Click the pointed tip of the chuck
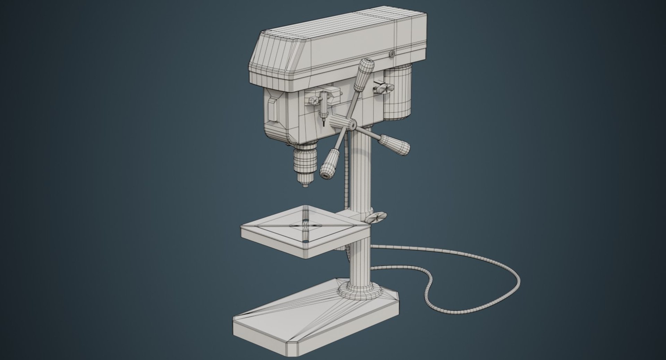[x=305, y=186]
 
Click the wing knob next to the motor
[x=383, y=88]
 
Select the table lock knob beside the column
[x=377, y=217]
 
